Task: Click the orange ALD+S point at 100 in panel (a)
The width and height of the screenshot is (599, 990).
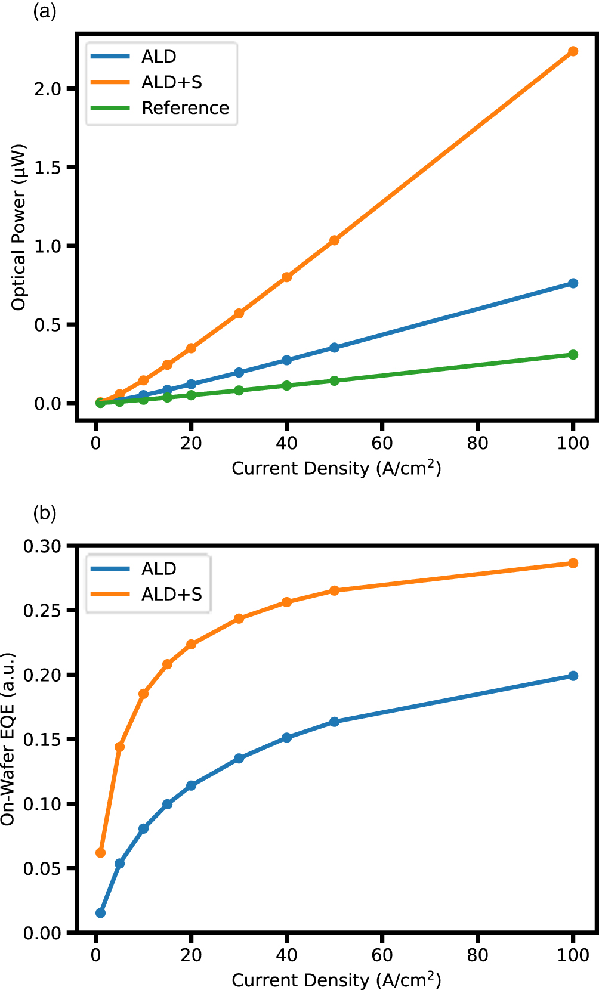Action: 573,51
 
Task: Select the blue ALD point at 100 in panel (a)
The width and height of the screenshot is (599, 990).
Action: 573,283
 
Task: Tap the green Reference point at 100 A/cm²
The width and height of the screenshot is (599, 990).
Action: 573,355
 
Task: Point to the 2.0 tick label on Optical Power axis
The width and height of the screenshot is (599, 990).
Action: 48,89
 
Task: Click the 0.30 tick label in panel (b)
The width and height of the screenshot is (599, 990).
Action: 42,546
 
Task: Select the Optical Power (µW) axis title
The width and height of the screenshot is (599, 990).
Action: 19,227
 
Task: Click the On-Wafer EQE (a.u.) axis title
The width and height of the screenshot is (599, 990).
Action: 8,740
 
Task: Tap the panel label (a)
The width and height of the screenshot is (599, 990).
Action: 44,11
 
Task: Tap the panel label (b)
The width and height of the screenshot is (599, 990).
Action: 44,513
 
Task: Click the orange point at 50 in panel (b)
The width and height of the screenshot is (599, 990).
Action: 334,590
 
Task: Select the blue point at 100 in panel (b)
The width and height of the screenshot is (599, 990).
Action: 573,676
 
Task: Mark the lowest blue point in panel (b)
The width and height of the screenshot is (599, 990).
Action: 100,913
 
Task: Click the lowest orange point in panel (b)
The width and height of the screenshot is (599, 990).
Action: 100,853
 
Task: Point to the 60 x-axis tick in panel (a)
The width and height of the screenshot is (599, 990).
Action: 382,443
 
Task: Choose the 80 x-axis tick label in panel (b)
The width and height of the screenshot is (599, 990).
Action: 477,955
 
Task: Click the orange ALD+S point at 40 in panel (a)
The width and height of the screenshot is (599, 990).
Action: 286,277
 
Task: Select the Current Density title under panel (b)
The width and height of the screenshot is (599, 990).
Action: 336,980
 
